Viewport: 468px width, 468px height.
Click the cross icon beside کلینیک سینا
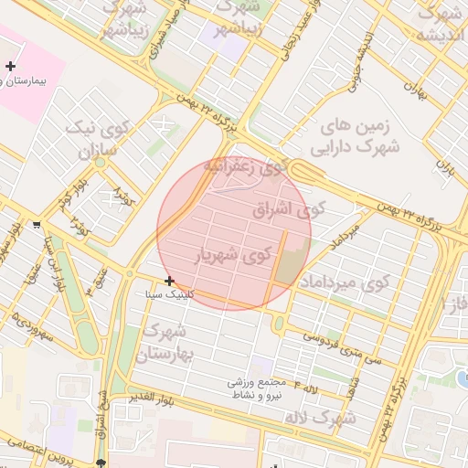click(x=169, y=281)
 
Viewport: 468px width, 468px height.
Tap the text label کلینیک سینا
click(x=169, y=295)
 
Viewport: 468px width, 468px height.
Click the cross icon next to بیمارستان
click(x=10, y=67)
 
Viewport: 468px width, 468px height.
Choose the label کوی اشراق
click(x=288, y=209)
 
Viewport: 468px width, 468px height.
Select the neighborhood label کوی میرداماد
click(x=344, y=281)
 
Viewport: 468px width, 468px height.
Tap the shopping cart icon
click(x=36, y=223)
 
